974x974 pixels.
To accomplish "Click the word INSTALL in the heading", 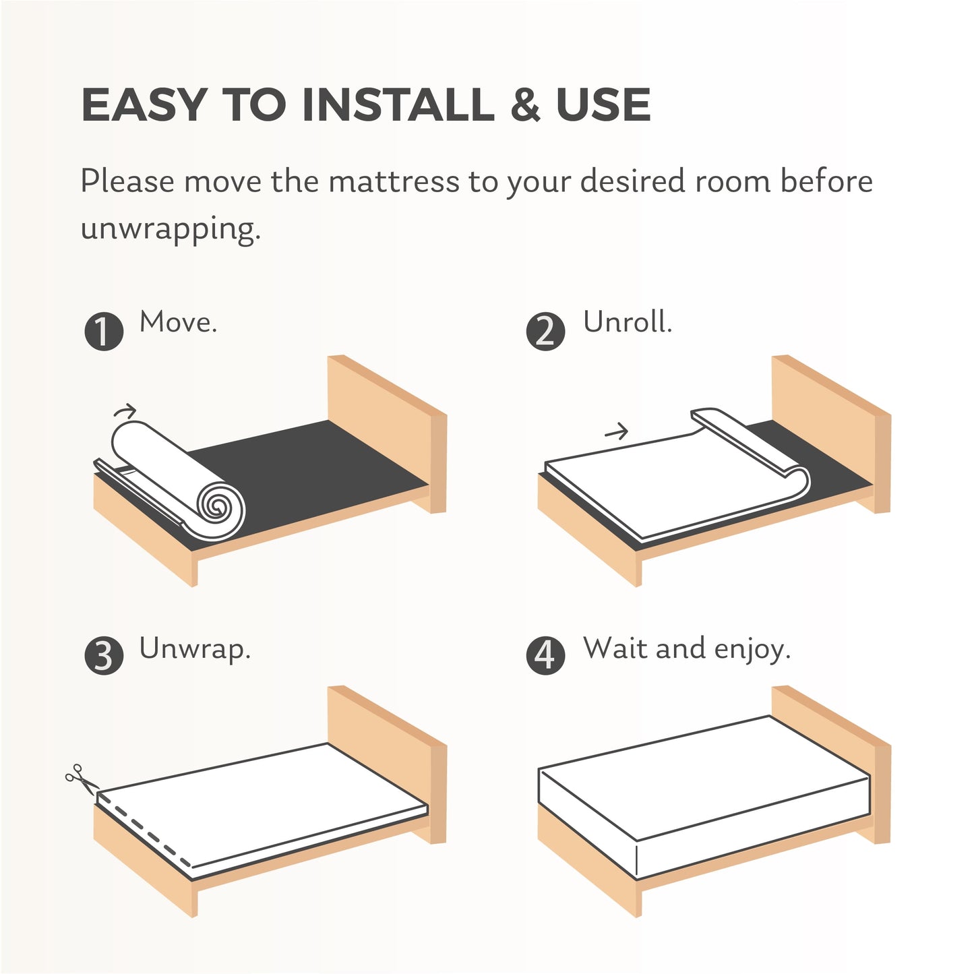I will click(398, 105).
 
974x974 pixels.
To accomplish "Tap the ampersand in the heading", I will click(526, 105).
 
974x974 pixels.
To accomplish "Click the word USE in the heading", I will click(603, 105).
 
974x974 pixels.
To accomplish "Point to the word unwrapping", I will click(170, 230).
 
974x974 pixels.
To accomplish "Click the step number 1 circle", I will click(104, 332).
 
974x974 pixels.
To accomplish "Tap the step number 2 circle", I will click(545, 332).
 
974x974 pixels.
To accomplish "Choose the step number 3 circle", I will click(104, 656).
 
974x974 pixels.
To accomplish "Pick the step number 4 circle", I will click(545, 656).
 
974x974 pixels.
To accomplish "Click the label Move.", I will click(178, 322).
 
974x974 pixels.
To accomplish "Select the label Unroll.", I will click(628, 322).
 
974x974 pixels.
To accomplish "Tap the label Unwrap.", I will click(195, 648).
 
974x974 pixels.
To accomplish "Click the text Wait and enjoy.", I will click(686, 648).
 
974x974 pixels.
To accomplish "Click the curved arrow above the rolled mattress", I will click(125, 410).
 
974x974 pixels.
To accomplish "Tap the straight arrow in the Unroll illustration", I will click(616, 431).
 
